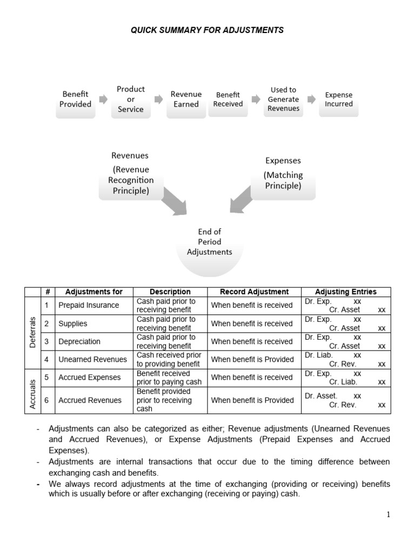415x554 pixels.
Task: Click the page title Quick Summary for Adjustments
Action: point(207,30)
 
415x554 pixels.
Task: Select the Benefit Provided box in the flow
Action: point(75,100)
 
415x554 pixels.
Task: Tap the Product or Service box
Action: point(131,100)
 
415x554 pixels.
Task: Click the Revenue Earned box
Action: point(186,100)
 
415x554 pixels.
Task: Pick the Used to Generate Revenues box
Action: point(283,100)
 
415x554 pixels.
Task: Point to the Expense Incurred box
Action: point(339,100)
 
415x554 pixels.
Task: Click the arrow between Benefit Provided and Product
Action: point(103,100)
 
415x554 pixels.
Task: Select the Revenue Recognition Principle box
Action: point(130,174)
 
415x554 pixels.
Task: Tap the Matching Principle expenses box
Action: point(283,174)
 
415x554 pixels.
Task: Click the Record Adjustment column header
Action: point(254,292)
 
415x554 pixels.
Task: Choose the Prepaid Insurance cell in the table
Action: point(89,305)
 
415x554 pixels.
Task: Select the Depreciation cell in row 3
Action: point(79,341)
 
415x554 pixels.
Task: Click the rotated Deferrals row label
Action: point(32,332)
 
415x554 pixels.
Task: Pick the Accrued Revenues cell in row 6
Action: point(90,400)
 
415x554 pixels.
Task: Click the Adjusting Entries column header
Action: point(345,292)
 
